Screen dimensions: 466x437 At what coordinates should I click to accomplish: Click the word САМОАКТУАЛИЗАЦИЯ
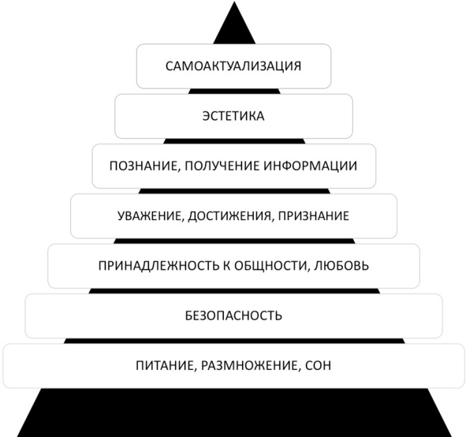[x=233, y=66]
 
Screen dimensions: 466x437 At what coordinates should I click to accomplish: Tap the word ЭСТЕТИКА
[x=233, y=116]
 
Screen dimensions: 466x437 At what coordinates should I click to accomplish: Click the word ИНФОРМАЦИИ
[x=310, y=166]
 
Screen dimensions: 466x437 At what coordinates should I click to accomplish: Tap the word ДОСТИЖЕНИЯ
[x=229, y=216]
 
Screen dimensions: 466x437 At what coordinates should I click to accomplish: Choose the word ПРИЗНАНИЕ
[x=314, y=216]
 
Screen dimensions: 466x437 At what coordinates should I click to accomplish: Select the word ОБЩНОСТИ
[x=270, y=266]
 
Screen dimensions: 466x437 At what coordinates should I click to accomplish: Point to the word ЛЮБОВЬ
[x=341, y=266]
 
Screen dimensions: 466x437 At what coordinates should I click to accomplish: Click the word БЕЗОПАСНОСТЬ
[x=233, y=316]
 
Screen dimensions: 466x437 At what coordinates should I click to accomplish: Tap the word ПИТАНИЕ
[x=165, y=365]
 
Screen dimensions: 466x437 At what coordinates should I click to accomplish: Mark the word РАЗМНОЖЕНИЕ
[x=249, y=365]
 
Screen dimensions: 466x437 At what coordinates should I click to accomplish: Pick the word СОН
[x=318, y=365]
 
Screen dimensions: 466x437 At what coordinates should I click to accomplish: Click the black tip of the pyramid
[x=234, y=2]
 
